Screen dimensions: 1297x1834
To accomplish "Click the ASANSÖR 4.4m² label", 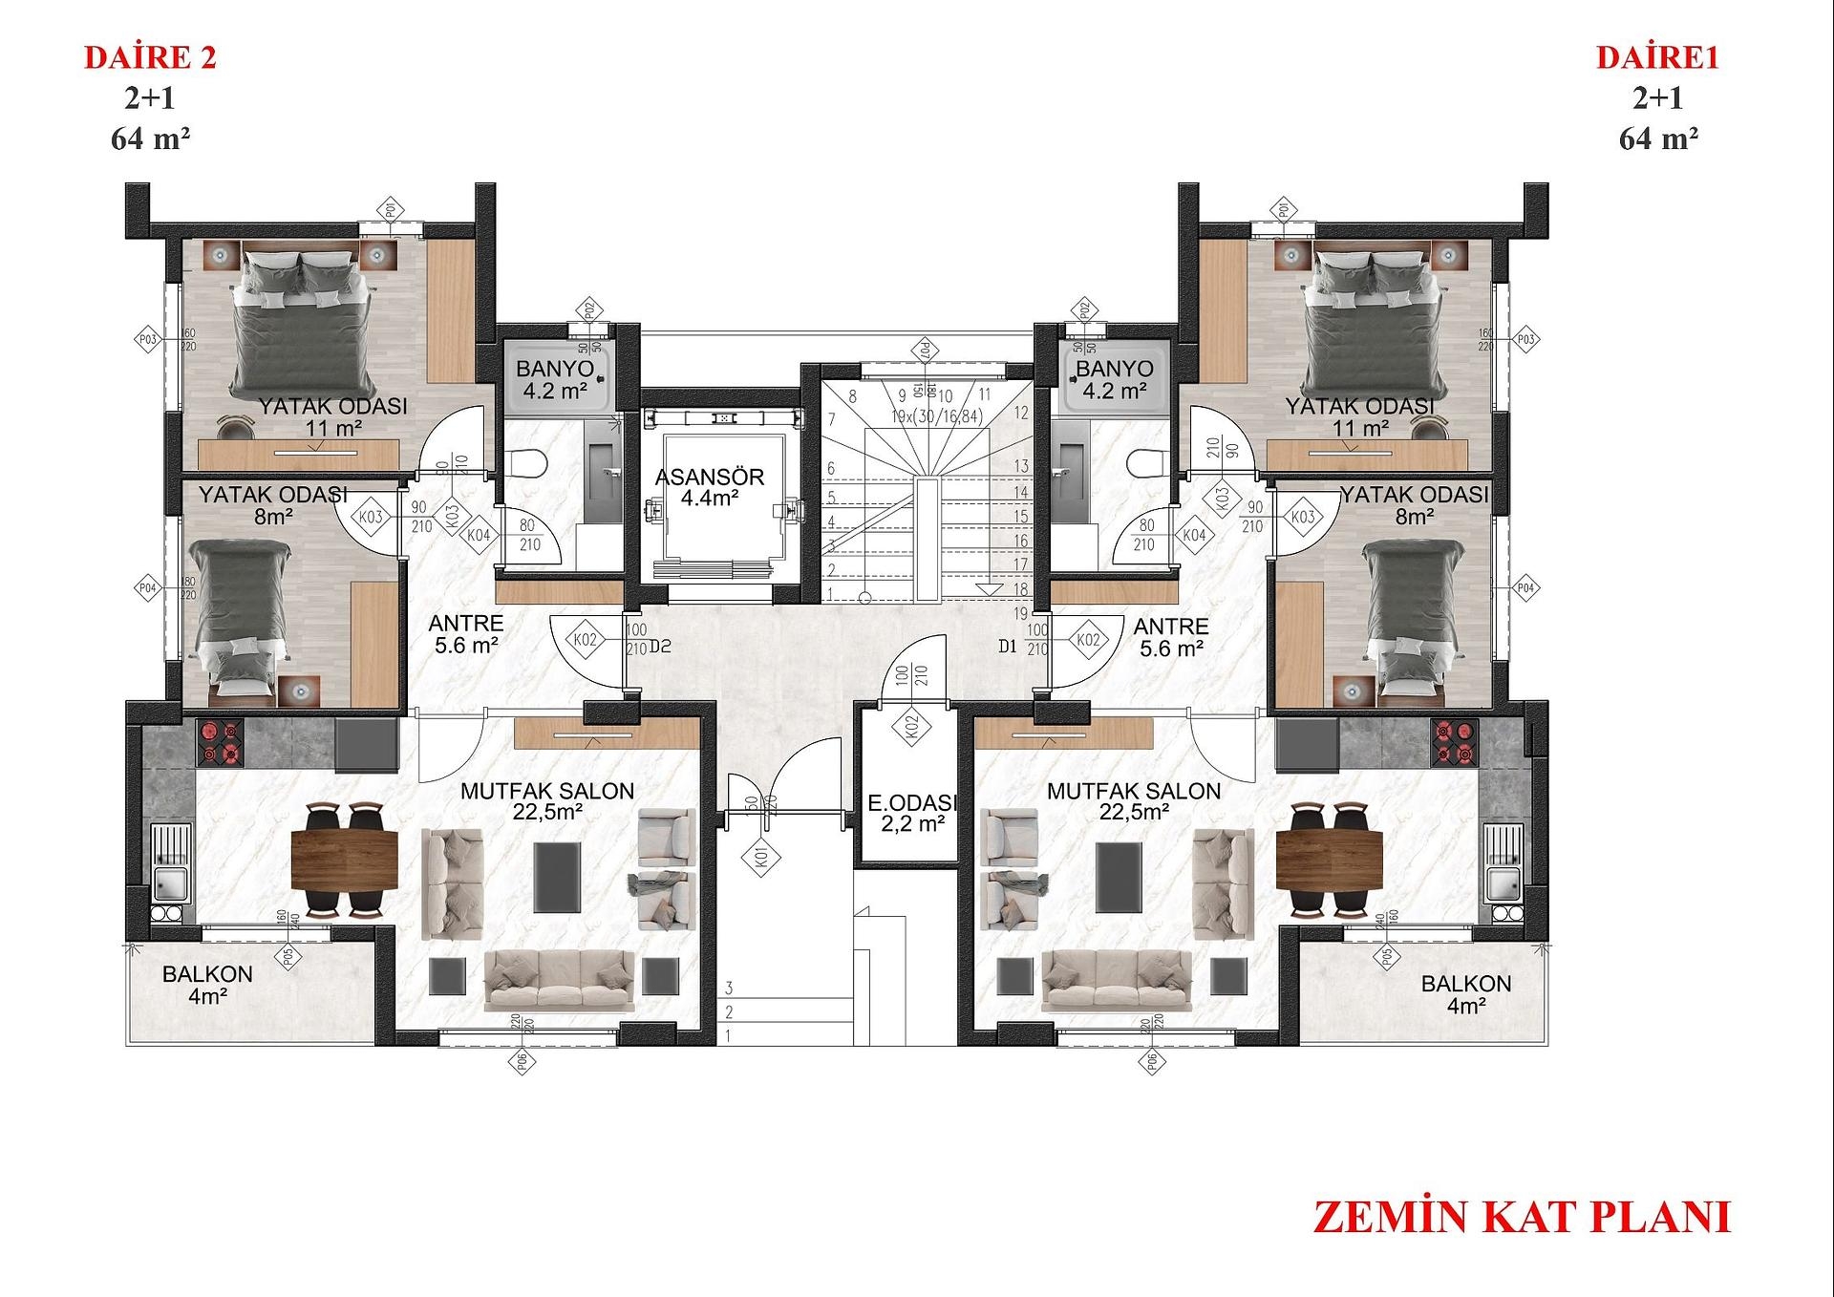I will click(710, 487).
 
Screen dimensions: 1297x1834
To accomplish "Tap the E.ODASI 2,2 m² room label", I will click(912, 813).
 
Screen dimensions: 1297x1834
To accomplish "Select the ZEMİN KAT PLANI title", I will click(1522, 1218).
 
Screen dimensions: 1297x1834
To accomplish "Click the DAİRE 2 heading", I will click(151, 58).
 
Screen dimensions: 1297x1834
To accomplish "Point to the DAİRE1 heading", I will click(1657, 58).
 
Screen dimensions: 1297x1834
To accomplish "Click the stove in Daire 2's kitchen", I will click(221, 742).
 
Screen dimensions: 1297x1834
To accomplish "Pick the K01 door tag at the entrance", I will click(761, 858).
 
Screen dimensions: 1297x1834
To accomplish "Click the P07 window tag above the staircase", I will click(925, 350).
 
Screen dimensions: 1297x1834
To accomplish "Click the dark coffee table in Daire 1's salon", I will click(1119, 876).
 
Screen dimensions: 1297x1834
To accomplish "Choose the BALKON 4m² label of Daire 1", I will click(1465, 993).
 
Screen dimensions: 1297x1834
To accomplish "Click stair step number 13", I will click(1021, 466).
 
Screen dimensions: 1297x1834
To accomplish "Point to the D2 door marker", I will click(660, 647).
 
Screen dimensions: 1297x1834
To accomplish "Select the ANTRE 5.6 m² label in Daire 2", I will click(466, 634).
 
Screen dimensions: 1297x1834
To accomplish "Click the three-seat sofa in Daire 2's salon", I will click(559, 980).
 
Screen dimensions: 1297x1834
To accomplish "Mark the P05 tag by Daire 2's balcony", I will click(288, 957).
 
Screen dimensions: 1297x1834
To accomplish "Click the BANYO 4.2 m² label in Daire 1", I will click(1114, 379).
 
